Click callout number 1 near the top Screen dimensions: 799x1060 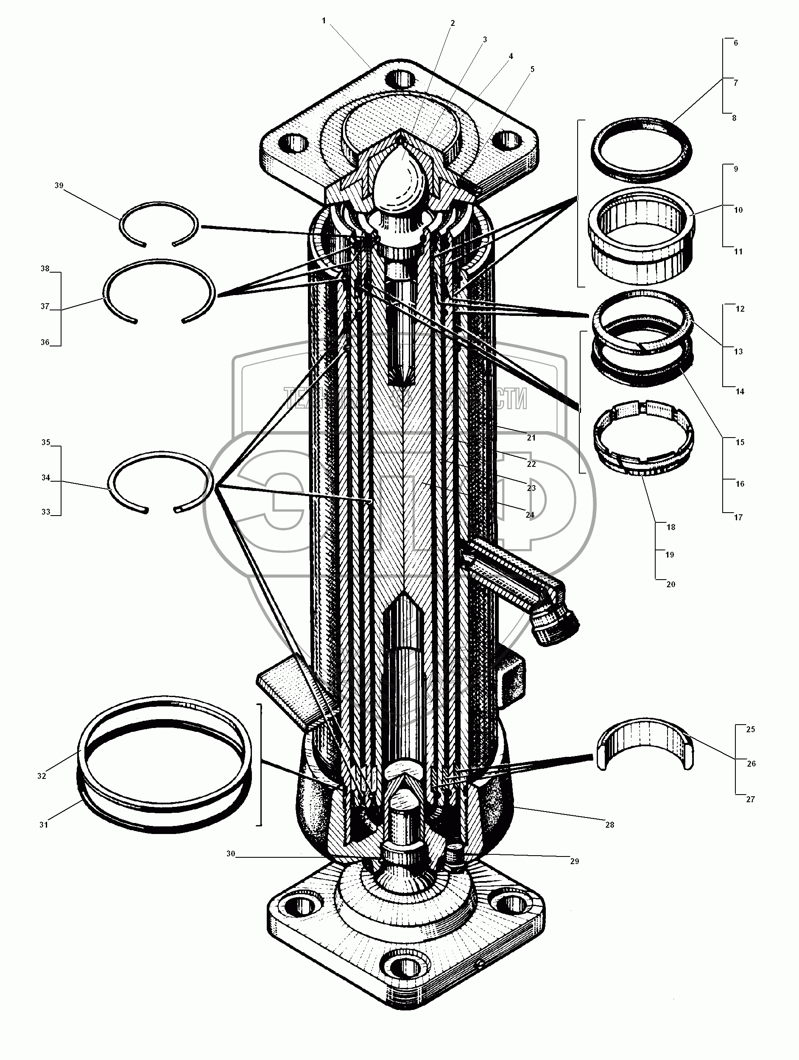pyautogui.click(x=324, y=21)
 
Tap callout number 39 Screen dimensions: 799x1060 pyautogui.click(x=59, y=185)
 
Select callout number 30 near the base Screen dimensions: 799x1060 pyautogui.click(x=231, y=854)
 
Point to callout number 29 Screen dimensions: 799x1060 pyautogui.click(x=575, y=861)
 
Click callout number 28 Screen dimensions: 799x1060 pyautogui.click(x=610, y=825)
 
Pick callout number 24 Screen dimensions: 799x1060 pyautogui.click(x=530, y=515)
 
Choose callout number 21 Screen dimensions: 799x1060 pyautogui.click(x=531, y=438)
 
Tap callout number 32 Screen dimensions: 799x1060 pyautogui.click(x=42, y=776)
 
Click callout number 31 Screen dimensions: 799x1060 pyautogui.click(x=44, y=825)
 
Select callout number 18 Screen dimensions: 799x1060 pyautogui.click(x=670, y=527)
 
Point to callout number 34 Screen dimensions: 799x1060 pyautogui.click(x=45, y=478)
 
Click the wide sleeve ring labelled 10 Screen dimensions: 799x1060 pyautogui.click(x=641, y=235)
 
